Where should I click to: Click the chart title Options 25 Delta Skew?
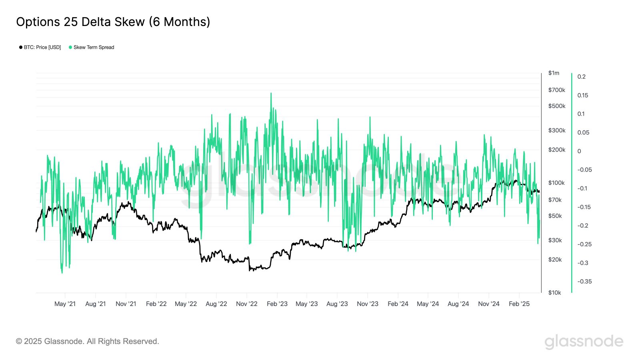pos(113,22)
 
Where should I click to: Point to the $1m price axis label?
pos(554,73)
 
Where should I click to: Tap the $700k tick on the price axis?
pos(556,90)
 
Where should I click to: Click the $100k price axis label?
pos(556,183)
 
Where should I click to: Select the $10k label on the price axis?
pos(554,292)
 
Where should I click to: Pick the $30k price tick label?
pos(555,240)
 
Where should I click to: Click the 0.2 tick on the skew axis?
pos(581,77)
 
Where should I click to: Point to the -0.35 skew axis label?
pos(584,281)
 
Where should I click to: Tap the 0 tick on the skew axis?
pos(579,151)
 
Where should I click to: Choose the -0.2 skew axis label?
pos(583,226)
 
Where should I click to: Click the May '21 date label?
pos(65,304)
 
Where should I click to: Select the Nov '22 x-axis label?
pos(247,304)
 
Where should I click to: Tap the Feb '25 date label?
pos(519,304)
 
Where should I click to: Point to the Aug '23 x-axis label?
pos(337,304)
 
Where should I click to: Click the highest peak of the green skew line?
pos(271,94)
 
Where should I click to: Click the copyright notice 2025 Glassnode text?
pos(88,341)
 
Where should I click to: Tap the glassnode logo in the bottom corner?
pos(584,342)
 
